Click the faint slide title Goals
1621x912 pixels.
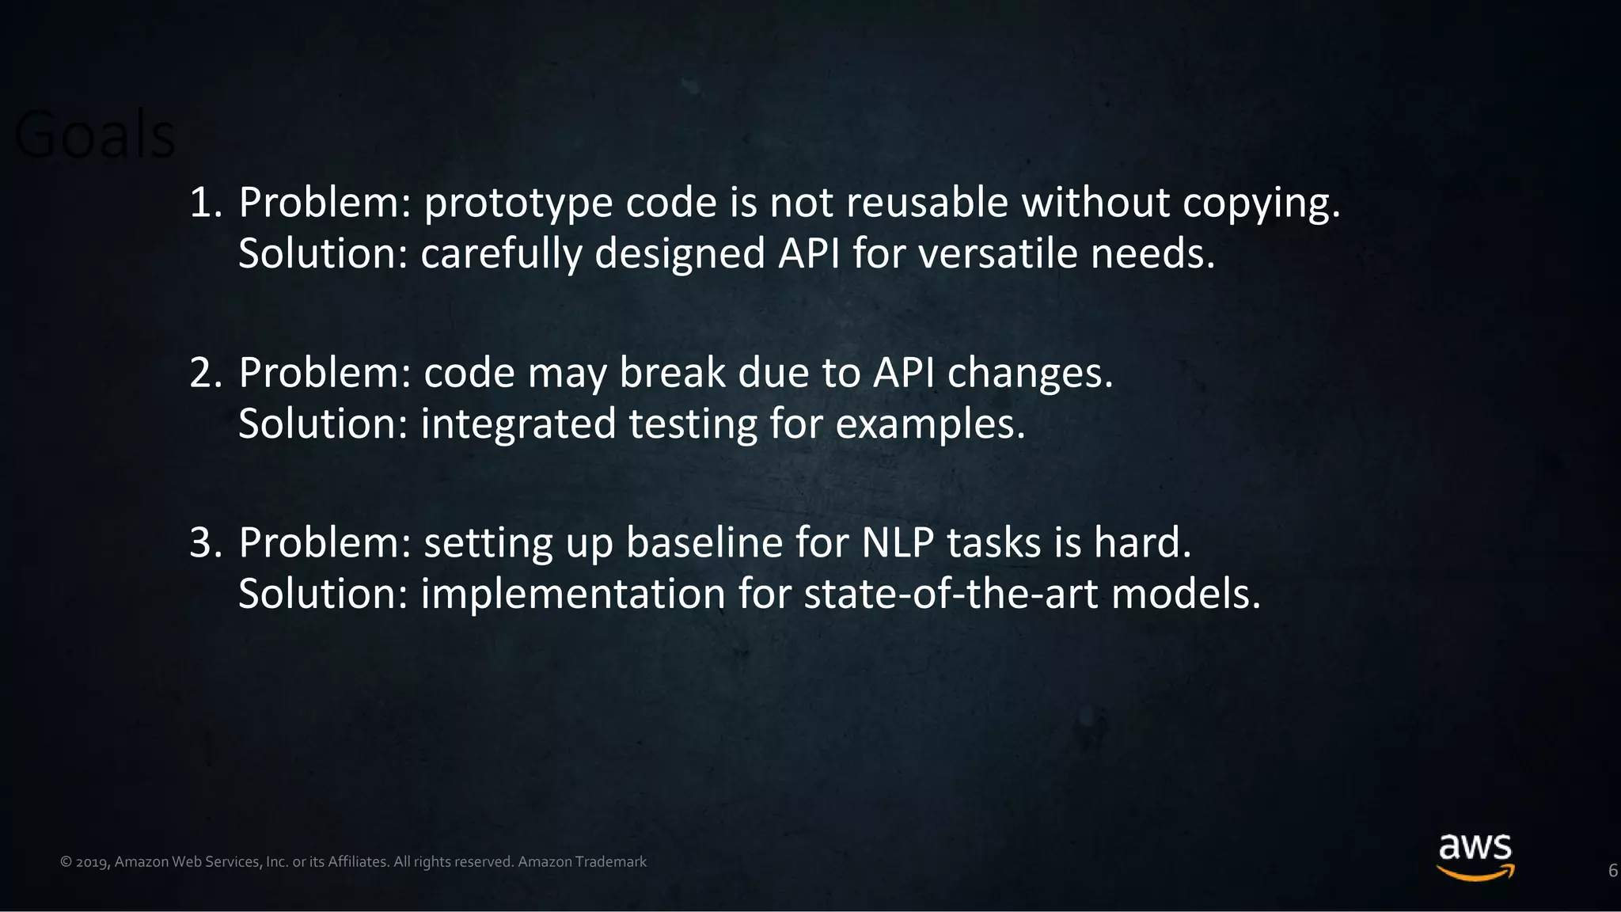pos(95,135)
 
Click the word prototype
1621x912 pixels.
pos(518,204)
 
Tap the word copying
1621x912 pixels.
pos(1261,204)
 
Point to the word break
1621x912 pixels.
pos(672,373)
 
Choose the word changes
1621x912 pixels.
pos(1030,374)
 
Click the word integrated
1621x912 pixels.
pos(518,425)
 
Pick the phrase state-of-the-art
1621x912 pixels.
pos(951,595)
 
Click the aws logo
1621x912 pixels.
pos(1475,857)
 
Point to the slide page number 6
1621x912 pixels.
pos(1612,871)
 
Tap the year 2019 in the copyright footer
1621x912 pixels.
pos(92,862)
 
